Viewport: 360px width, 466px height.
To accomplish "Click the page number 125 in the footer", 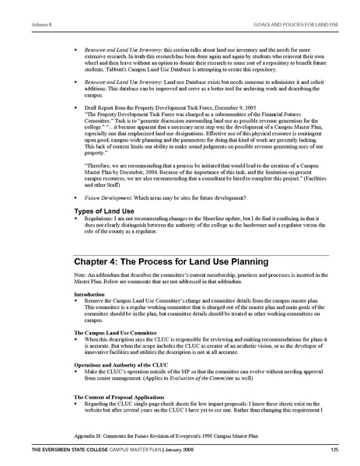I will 333,450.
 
